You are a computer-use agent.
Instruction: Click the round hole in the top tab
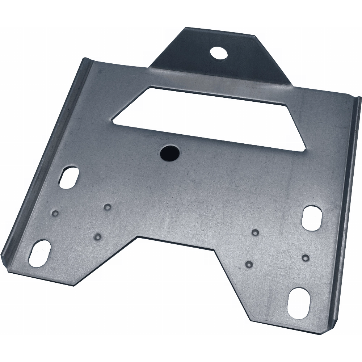[218, 54]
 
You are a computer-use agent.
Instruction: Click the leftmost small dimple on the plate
[55, 212]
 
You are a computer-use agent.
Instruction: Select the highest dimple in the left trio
[107, 207]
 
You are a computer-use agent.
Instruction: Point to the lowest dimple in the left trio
[97, 237]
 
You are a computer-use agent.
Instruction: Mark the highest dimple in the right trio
[256, 231]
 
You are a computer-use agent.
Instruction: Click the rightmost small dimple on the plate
[306, 257]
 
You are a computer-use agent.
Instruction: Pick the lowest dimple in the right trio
[249, 263]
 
